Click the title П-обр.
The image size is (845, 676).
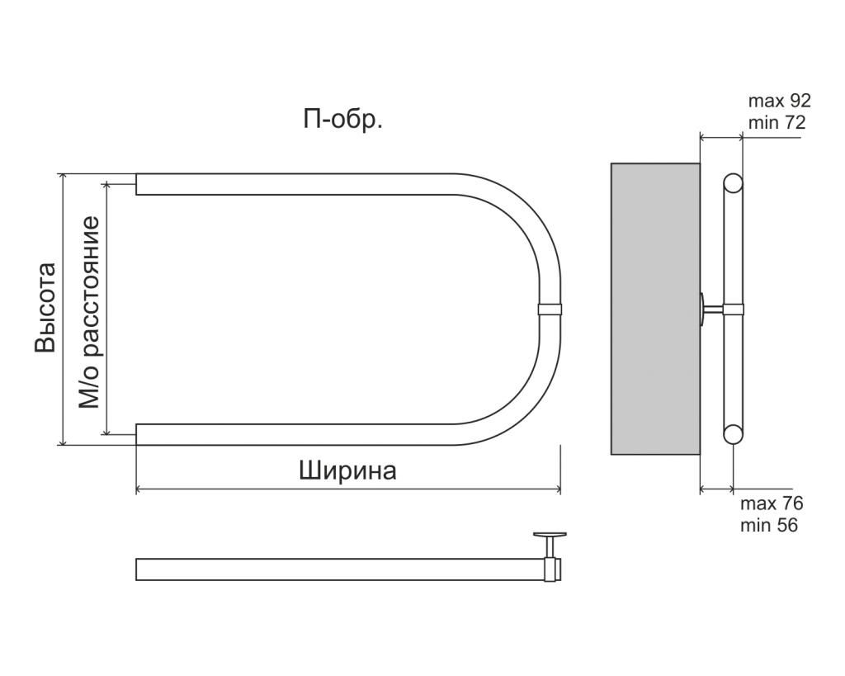pos(342,120)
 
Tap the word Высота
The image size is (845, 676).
pos(45,308)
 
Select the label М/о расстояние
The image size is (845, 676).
pos(89,312)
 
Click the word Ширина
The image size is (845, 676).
pos(347,470)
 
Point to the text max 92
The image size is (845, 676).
pos(779,101)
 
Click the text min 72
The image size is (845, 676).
pos(777,123)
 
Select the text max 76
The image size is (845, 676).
pos(772,503)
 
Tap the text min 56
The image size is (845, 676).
pos(769,525)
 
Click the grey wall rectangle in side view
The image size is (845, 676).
pos(655,309)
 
